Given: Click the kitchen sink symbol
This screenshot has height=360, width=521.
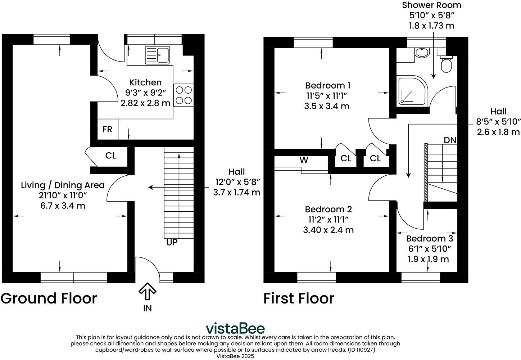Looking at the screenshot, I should click(158, 55).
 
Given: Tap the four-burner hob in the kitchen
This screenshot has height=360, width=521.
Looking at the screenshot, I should click(184, 95).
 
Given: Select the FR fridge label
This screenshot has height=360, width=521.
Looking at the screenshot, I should click(107, 129).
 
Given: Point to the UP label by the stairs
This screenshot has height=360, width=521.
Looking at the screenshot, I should click(172, 243).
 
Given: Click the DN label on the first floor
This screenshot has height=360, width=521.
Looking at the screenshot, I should click(450, 140).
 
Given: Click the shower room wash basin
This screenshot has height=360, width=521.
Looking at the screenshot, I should click(422, 52).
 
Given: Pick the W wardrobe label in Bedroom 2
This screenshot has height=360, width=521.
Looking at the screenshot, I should click(304, 160).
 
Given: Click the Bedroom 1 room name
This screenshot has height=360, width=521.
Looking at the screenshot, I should click(327, 86).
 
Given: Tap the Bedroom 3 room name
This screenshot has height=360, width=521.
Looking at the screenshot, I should click(429, 238).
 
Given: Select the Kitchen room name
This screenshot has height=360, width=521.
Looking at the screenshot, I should click(145, 82).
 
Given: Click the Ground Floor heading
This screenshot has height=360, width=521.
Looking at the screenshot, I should click(49, 298).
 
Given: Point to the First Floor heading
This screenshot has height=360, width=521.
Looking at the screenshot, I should click(299, 298).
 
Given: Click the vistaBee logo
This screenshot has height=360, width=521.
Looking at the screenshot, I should click(235, 328).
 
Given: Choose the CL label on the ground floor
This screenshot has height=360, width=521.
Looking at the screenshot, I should click(110, 156).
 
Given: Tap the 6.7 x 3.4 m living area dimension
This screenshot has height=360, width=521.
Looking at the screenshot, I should click(63, 206).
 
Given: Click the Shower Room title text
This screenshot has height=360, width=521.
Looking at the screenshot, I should click(431, 5).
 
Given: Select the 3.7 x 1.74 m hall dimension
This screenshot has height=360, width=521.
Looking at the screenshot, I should click(236, 192).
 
